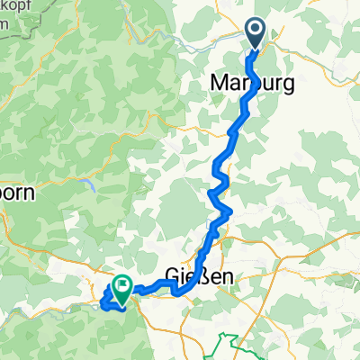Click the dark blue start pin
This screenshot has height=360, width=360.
click(255, 34)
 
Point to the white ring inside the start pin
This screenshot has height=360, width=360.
click(255, 31)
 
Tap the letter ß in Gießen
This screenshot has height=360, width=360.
click(210, 276)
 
